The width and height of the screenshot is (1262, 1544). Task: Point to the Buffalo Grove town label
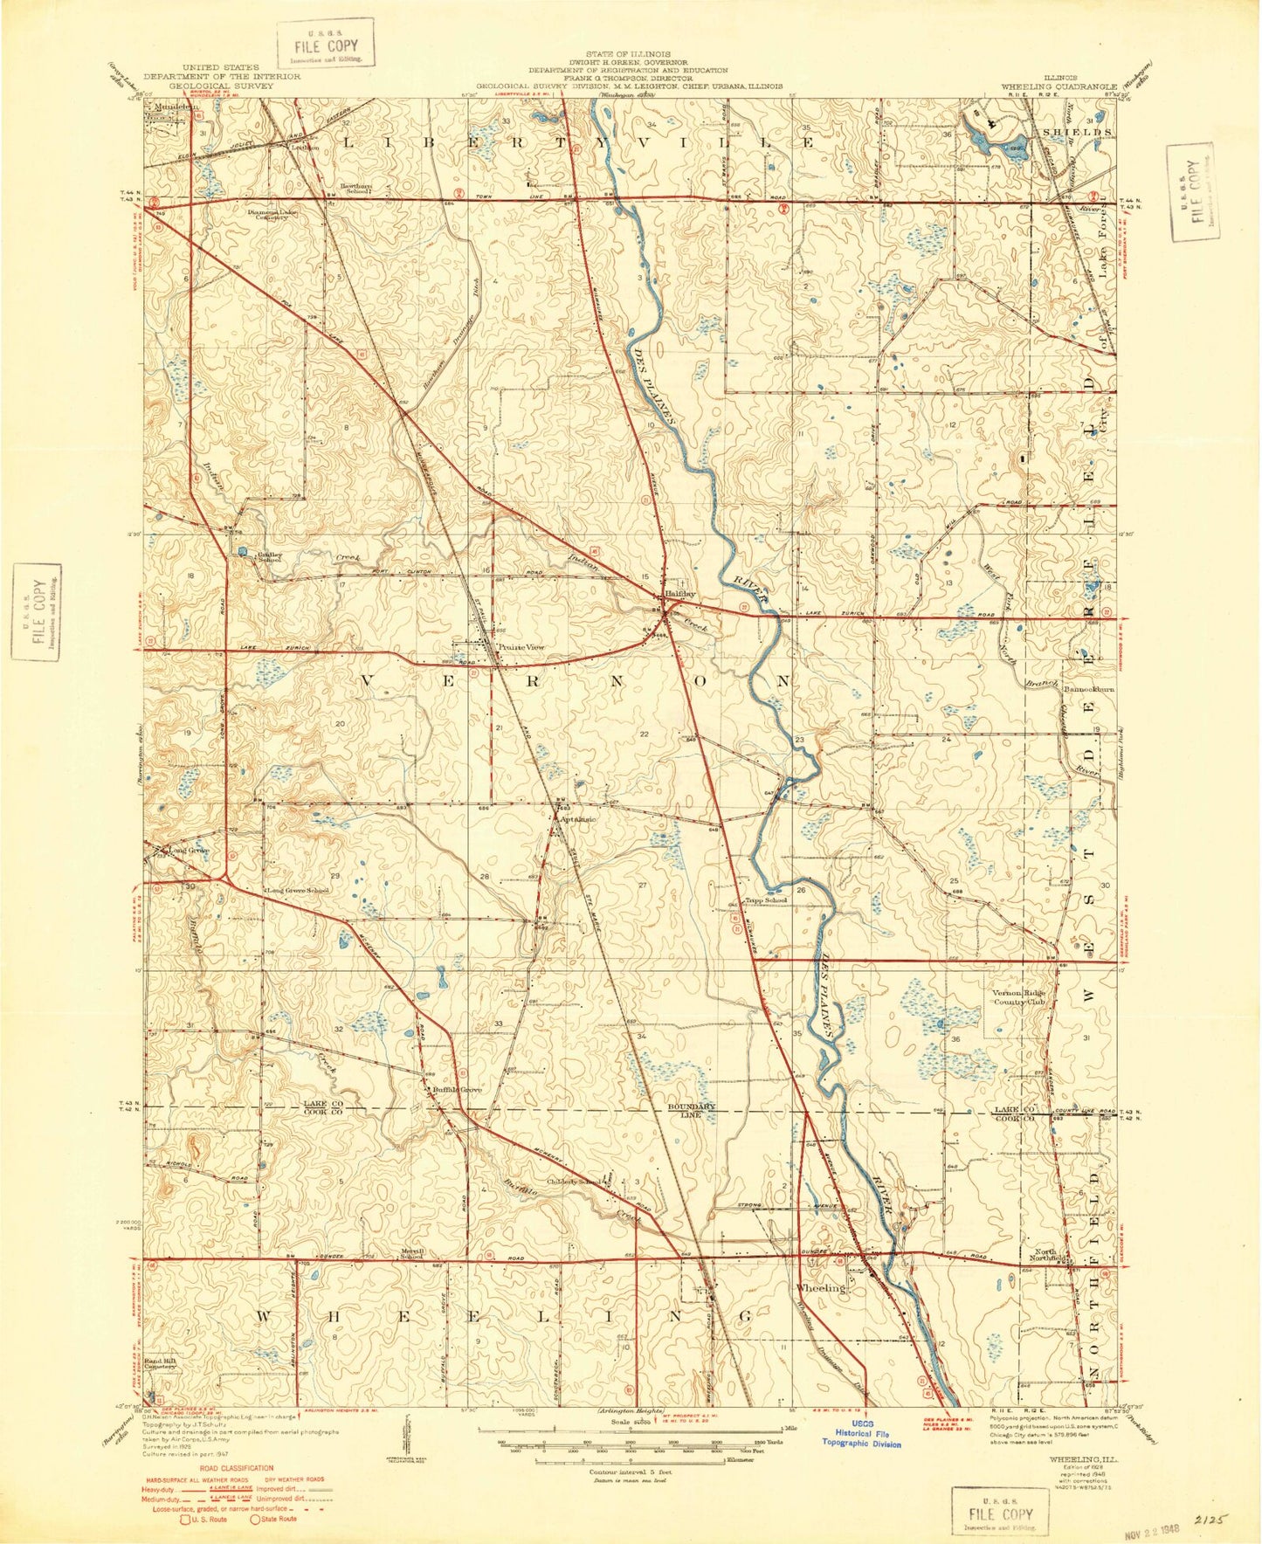tap(458, 1090)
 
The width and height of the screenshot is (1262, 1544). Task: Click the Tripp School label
tap(766, 900)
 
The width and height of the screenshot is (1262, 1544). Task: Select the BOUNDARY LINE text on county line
tap(692, 1110)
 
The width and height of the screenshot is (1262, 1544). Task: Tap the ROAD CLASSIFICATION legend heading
tap(224, 1468)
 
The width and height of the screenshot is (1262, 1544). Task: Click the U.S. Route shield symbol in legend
tap(185, 1519)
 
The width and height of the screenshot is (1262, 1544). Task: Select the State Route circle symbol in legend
tap(258, 1519)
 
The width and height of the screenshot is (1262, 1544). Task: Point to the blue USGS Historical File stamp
tap(860, 1437)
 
